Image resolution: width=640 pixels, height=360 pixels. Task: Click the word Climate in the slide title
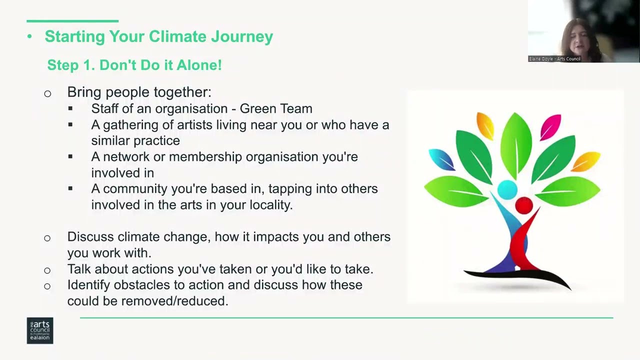[x=177, y=36]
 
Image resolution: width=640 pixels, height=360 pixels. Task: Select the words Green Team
[x=276, y=108]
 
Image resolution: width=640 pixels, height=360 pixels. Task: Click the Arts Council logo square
[x=40, y=330]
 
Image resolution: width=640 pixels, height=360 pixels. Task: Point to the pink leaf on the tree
[x=550, y=127]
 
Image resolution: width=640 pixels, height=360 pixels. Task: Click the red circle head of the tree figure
[x=523, y=205]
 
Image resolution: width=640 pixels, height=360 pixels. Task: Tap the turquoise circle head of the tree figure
[x=507, y=189]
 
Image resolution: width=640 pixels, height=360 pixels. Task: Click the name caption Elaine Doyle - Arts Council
[x=554, y=59]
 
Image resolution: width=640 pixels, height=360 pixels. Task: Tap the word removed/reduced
[x=174, y=301]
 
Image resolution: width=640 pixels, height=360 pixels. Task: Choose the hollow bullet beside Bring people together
[x=47, y=93]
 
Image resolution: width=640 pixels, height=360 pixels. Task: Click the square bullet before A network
[x=70, y=156]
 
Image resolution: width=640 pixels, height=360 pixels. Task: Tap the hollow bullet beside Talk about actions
[x=47, y=270]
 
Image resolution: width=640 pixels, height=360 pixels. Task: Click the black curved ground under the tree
[x=517, y=277]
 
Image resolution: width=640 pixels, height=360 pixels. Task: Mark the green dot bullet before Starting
[x=29, y=36]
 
